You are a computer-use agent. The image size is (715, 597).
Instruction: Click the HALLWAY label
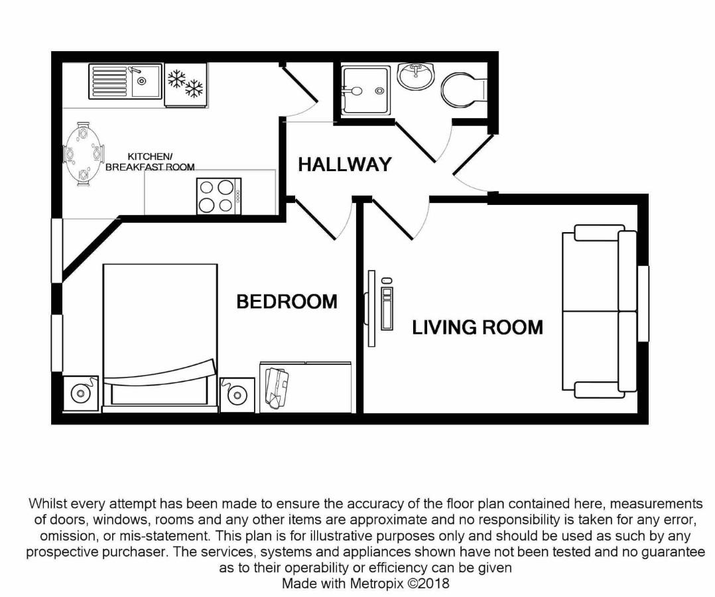point(344,165)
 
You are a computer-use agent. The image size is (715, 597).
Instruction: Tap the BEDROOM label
point(287,302)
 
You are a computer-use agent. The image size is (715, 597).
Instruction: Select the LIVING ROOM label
point(477,327)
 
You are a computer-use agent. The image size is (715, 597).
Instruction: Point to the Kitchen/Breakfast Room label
point(150,162)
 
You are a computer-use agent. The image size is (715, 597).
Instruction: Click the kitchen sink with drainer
point(125,82)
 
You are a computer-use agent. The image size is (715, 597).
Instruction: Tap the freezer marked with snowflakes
point(185,83)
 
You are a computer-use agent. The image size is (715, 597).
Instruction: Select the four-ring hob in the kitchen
point(218,196)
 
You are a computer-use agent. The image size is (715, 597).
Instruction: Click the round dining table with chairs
point(83,154)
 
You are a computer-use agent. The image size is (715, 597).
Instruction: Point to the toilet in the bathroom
point(462,90)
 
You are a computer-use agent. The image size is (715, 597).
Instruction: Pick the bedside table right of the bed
point(237,395)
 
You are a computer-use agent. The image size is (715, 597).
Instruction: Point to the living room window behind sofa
point(643,303)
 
